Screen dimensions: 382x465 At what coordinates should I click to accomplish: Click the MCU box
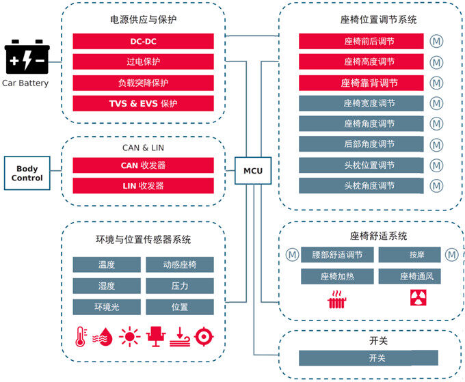coord(253,171)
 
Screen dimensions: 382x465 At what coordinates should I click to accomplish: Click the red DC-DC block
coord(143,42)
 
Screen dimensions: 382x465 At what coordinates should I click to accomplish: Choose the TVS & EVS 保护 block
coord(143,103)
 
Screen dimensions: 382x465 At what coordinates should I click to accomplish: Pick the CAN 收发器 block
coord(143,165)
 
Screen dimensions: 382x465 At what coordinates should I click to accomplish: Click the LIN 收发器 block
coord(143,186)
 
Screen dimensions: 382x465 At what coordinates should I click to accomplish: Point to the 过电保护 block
coord(143,62)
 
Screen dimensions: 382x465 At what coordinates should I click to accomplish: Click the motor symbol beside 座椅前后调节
coord(436,42)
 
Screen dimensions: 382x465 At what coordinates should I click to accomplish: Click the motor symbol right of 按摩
coord(451,255)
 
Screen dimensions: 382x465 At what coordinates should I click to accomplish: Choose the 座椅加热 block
coord(337,277)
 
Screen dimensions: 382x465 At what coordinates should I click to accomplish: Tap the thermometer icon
coord(81,336)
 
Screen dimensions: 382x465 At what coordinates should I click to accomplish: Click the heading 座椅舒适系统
coord(378,236)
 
